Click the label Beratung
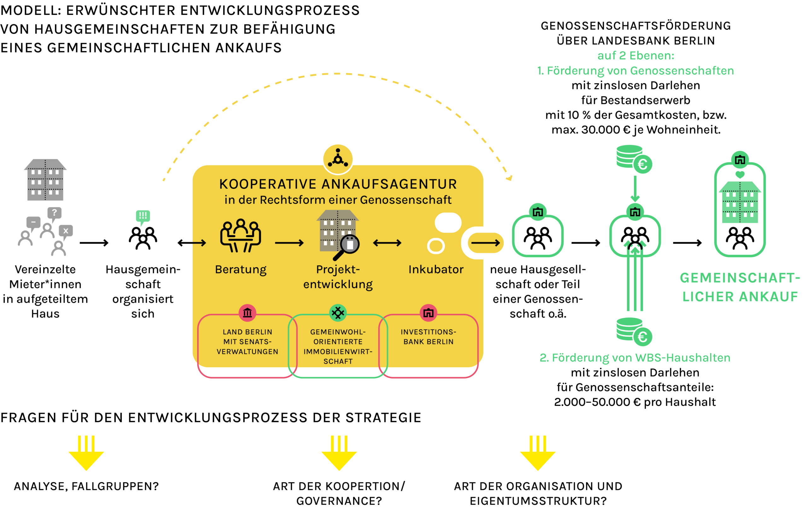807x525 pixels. (x=241, y=270)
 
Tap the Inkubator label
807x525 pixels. (x=436, y=269)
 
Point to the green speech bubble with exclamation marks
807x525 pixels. (x=143, y=216)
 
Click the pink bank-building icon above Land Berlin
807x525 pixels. (x=247, y=313)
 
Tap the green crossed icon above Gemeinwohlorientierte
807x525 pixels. (x=338, y=313)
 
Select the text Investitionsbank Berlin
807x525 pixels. (x=428, y=337)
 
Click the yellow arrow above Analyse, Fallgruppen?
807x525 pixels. (x=86, y=453)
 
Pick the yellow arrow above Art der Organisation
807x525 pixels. (x=538, y=453)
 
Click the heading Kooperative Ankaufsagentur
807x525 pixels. (x=338, y=184)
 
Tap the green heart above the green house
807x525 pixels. (x=740, y=175)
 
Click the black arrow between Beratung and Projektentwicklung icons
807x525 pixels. (x=289, y=243)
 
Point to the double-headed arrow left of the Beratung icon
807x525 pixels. (x=192, y=243)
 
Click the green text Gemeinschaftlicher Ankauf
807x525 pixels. (x=740, y=287)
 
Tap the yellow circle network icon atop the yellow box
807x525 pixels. (x=338, y=159)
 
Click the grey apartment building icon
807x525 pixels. (x=45, y=180)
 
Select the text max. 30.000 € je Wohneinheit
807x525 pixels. (x=636, y=130)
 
